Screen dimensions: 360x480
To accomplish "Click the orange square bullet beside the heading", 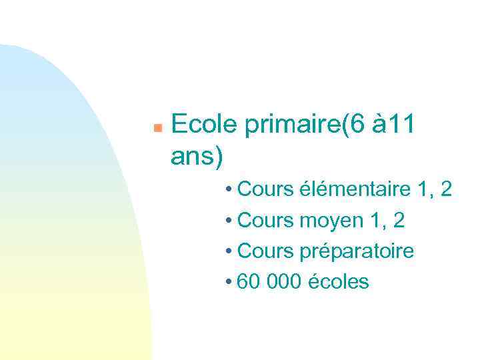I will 157,127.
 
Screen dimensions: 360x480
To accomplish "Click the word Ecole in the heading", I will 205,125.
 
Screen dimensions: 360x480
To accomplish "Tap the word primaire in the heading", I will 292,125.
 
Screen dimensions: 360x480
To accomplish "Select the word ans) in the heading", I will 197,157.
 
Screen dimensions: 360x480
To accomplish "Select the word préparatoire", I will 359,251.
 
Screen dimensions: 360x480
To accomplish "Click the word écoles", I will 339,282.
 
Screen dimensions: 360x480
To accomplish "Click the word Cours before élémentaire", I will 265,189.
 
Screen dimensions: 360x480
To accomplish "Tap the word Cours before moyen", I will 265,220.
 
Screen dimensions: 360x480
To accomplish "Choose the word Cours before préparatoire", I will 265,251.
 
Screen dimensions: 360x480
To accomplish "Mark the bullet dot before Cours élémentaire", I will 228,190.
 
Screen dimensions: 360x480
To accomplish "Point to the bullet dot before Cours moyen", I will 228,221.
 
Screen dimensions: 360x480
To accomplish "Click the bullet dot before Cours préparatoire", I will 228,252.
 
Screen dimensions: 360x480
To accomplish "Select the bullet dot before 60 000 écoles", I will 228,283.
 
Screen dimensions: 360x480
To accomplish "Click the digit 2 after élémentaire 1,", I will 446,189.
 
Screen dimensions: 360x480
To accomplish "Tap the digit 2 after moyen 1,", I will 399,220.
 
